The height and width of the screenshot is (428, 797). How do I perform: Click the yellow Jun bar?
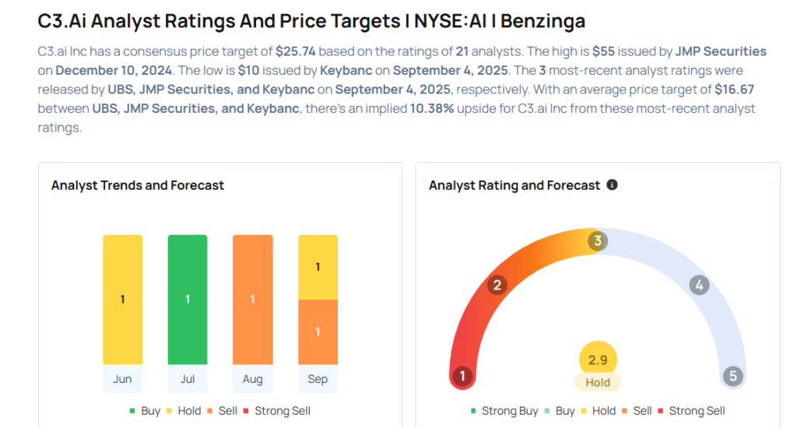(122, 300)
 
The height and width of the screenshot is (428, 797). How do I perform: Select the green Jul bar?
(188, 300)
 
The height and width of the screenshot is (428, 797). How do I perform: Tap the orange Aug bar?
(252, 300)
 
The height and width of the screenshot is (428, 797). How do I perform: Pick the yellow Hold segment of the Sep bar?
(318, 267)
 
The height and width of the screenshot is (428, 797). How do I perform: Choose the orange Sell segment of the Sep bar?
(318, 332)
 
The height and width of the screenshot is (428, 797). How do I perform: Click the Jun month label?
(122, 379)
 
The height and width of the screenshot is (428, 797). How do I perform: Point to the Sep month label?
(318, 379)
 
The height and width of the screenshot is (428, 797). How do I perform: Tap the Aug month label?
(252, 379)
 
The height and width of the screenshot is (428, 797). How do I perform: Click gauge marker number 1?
(462, 377)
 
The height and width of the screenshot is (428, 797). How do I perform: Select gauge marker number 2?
(497, 285)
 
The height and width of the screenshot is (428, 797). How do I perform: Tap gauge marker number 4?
(700, 285)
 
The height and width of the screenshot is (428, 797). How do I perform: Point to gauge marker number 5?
(732, 377)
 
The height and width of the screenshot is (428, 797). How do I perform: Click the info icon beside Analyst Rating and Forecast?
(612, 185)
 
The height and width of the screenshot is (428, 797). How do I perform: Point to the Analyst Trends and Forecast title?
(138, 185)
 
